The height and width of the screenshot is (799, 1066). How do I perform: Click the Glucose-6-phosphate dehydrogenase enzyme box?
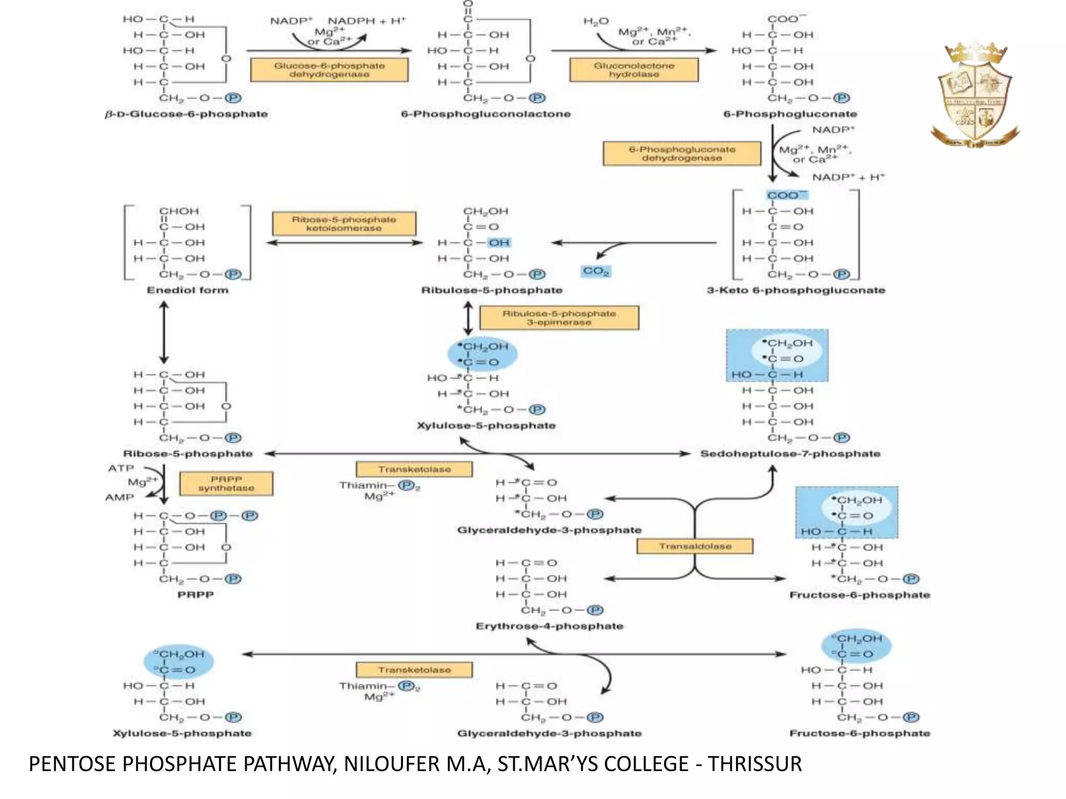pos(329,70)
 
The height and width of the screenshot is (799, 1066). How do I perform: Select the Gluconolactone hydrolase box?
pos(633,70)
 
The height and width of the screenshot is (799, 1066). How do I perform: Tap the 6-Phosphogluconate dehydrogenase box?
pos(681,153)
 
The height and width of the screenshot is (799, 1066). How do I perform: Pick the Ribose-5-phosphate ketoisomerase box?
pos(344,224)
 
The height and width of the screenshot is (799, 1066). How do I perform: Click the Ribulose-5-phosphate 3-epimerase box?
pos(559,318)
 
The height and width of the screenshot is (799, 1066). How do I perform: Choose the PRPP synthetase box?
pos(226,484)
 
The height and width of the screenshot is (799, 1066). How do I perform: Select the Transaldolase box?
pos(695,546)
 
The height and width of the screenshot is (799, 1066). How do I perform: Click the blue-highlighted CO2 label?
pos(595,271)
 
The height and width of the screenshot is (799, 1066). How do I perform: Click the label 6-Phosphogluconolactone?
pos(485,114)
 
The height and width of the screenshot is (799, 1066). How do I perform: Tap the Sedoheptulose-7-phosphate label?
pos(790,454)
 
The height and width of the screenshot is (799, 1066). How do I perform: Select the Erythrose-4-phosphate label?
pos(549,626)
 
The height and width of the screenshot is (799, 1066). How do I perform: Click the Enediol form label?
pos(187,290)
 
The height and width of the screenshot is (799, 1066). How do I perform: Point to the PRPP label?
pos(195,595)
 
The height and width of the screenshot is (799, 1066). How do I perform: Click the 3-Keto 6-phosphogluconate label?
pos(795,290)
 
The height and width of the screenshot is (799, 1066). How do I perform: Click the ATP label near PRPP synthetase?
pos(121,468)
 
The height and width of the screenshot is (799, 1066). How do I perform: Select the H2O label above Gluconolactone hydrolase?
pos(595,21)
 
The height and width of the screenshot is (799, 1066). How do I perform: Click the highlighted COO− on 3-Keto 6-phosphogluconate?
pos(786,195)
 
